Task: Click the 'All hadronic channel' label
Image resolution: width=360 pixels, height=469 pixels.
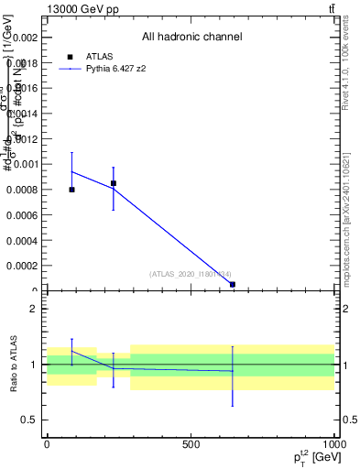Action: pyautogui.click(x=191, y=37)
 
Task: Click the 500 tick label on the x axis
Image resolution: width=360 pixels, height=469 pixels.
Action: pyautogui.click(x=191, y=443)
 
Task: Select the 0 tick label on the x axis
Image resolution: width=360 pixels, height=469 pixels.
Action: pyautogui.click(x=47, y=443)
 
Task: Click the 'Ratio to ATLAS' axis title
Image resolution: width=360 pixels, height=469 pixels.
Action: pyautogui.click(x=16, y=365)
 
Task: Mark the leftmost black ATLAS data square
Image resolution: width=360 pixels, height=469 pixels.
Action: pyautogui.click(x=71, y=190)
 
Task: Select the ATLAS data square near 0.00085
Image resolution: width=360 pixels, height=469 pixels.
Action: pyautogui.click(x=114, y=183)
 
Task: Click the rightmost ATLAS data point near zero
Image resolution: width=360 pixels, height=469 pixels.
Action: pyautogui.click(x=233, y=285)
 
